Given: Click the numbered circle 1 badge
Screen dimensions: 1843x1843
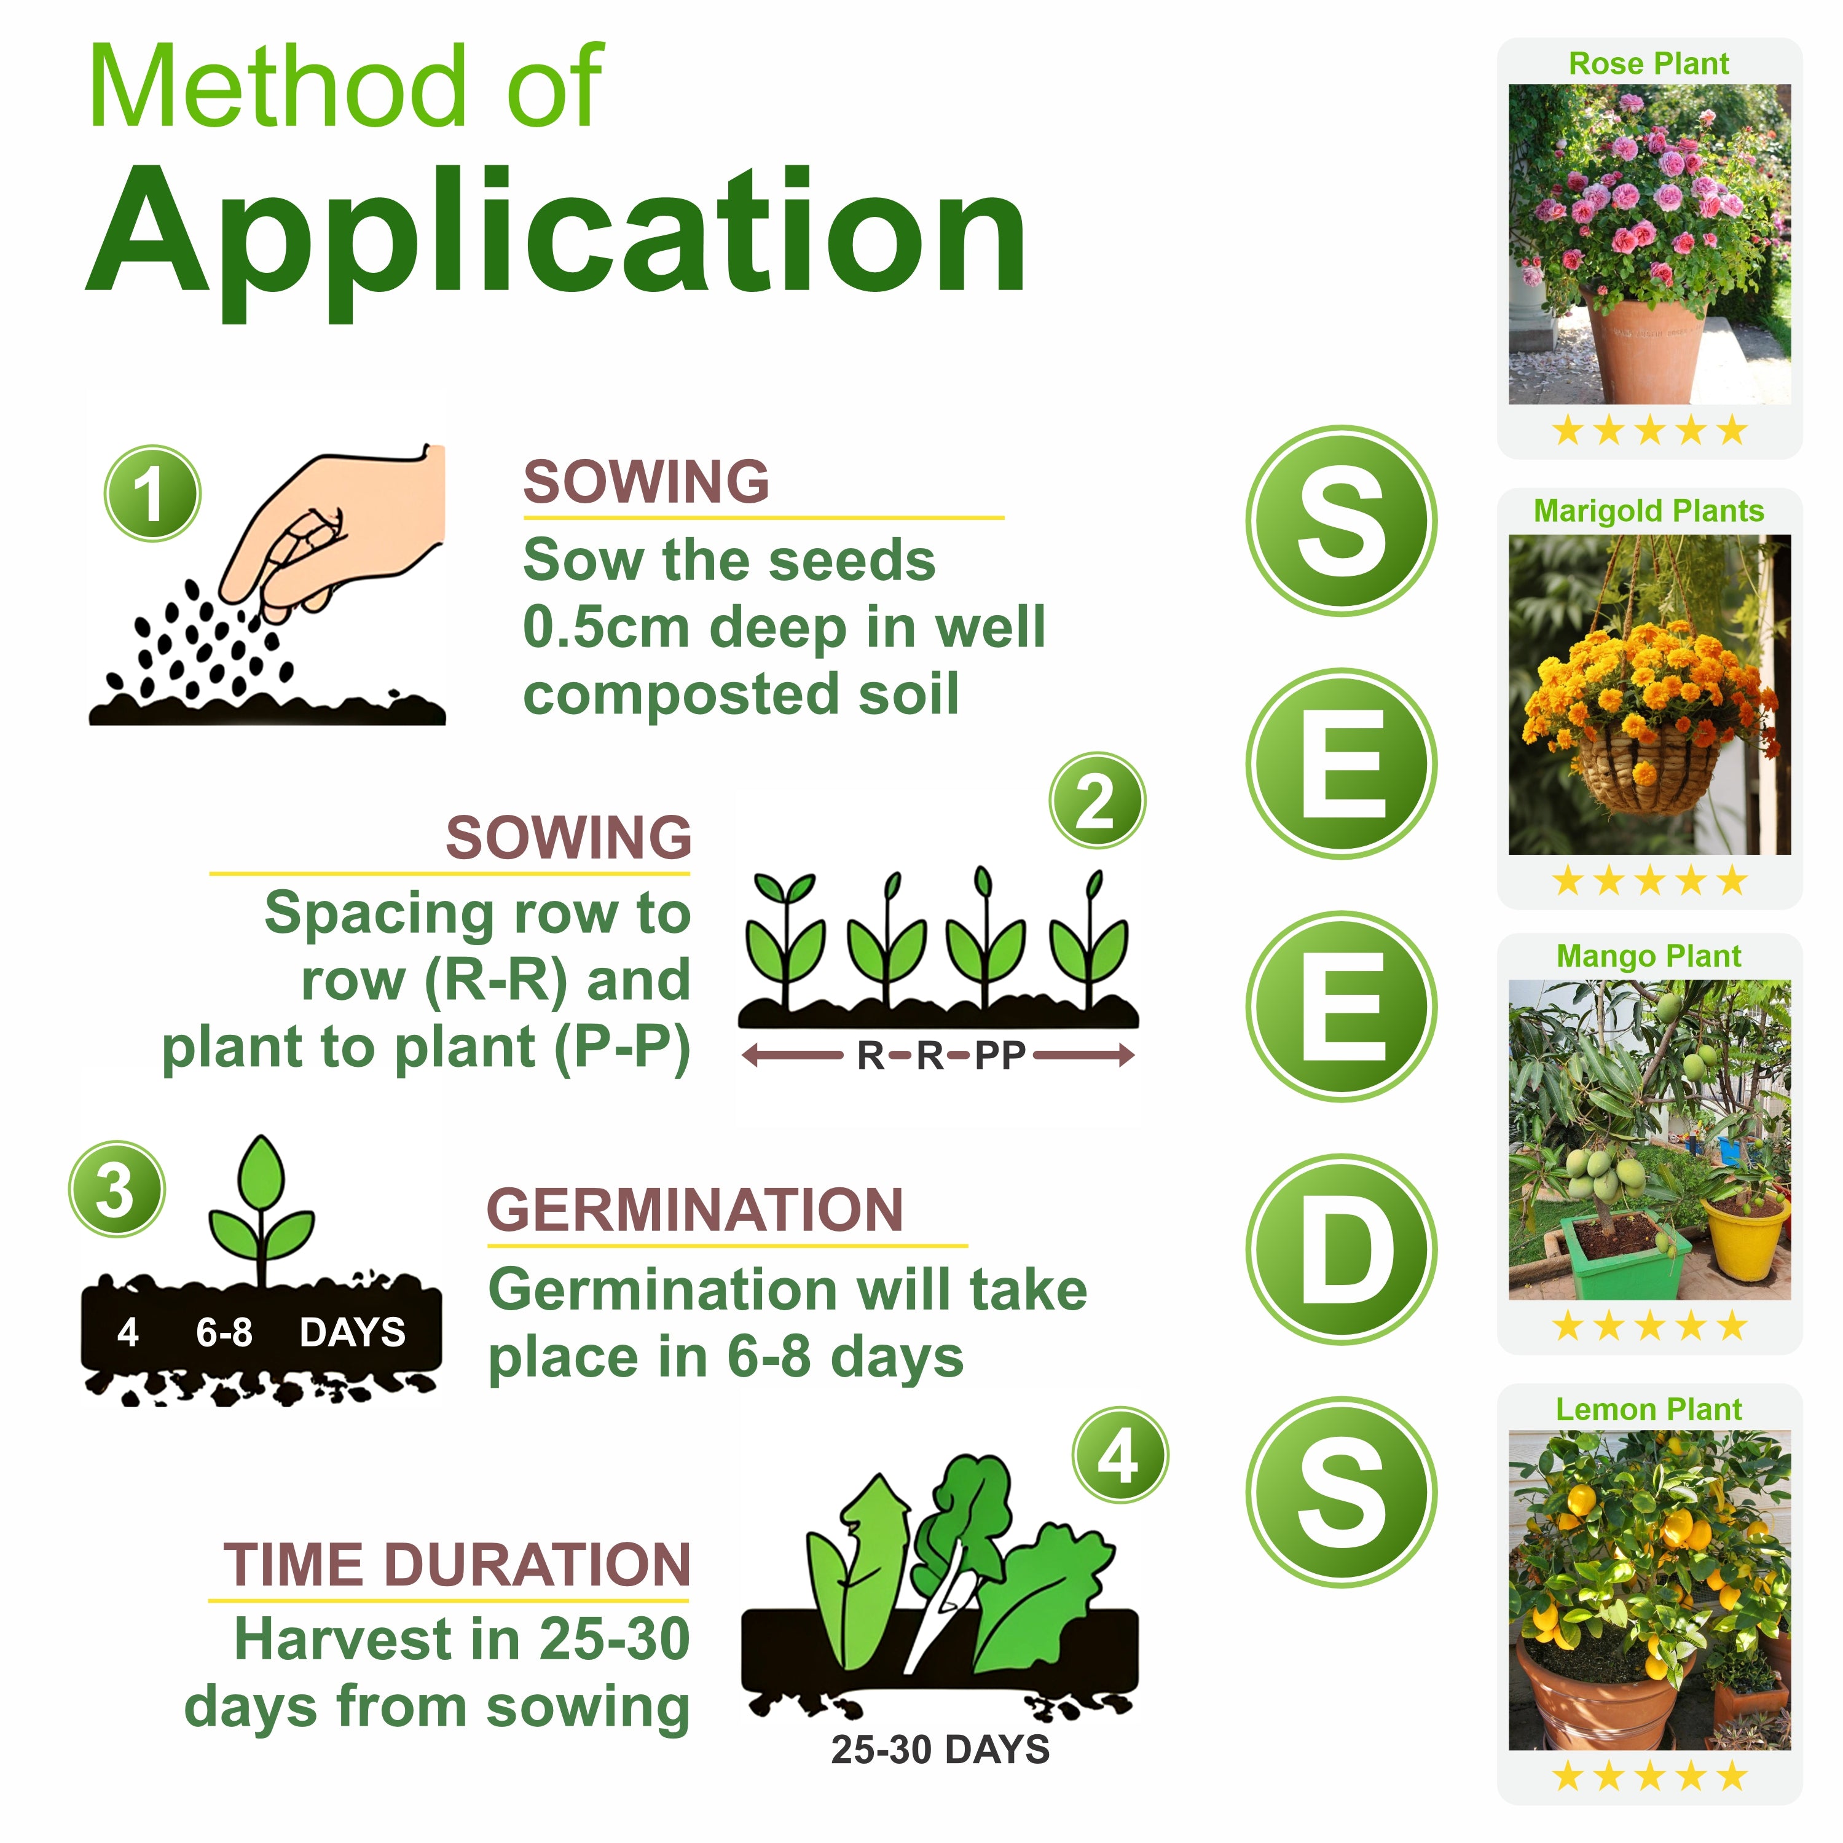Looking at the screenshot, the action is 152,493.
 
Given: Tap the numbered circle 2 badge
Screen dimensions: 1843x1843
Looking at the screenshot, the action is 1097,800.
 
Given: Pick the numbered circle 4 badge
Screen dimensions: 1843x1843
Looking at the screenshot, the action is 1120,1456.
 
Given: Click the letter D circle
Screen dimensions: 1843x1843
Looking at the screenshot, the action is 1342,1249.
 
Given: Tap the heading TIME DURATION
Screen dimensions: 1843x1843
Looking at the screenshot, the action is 457,1565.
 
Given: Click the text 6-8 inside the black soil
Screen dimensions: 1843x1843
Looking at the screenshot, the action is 224,1333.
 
